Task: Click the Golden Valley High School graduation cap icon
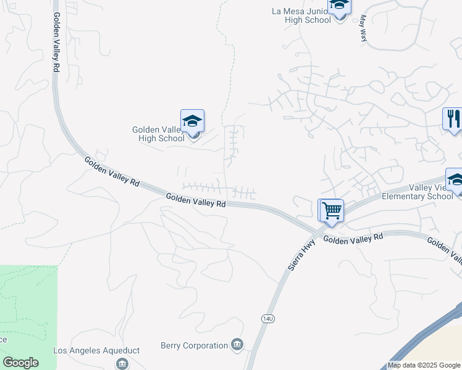192,121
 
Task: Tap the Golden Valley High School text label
158,134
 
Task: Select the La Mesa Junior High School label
301,15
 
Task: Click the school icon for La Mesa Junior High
338,6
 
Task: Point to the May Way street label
363,28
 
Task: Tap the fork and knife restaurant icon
453,118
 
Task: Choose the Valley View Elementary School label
418,192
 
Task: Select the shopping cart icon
331,210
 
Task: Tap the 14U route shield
267,318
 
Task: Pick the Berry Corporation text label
194,345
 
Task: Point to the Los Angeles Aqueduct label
96,350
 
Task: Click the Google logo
20,363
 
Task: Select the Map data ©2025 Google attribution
424,365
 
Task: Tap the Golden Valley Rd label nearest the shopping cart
353,238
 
